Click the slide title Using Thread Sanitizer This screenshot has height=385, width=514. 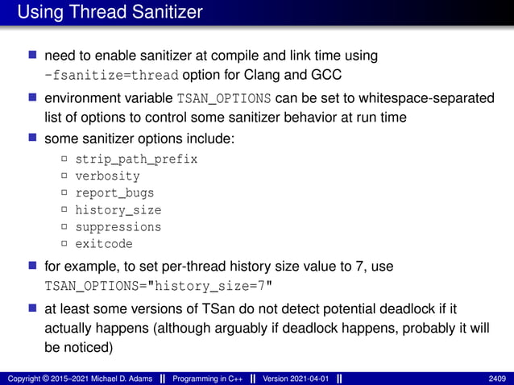pyautogui.click(x=110, y=12)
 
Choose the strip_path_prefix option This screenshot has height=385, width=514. pyautogui.click(x=136, y=159)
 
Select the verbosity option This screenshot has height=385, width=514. pyautogui.click(x=107, y=176)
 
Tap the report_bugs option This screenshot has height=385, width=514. pyautogui.click(x=114, y=193)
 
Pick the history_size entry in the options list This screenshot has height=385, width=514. pyautogui.click(x=118, y=210)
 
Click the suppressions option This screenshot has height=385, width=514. pyautogui.click(x=118, y=227)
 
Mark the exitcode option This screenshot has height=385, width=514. pyautogui.click(x=104, y=244)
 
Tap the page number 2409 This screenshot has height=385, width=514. pyautogui.click(x=497, y=378)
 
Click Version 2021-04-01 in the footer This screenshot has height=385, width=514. pyautogui.click(x=293, y=378)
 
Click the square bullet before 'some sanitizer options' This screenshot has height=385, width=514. pyautogui.click(x=33, y=138)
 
